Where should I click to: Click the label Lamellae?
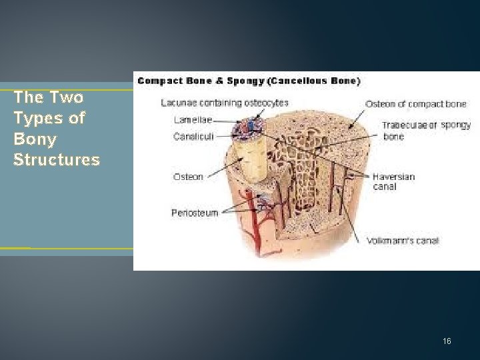193,119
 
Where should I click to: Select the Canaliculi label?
193,136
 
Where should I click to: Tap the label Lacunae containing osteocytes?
225,103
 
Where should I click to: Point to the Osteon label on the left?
188,177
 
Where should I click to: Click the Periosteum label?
195,213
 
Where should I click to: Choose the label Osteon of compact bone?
415,104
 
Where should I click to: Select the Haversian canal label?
393,181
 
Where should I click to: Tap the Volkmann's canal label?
403,241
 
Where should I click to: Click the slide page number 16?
447,341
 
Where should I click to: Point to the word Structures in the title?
57,160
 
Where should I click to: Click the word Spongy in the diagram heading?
247,81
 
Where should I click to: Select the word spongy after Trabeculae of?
456,125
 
